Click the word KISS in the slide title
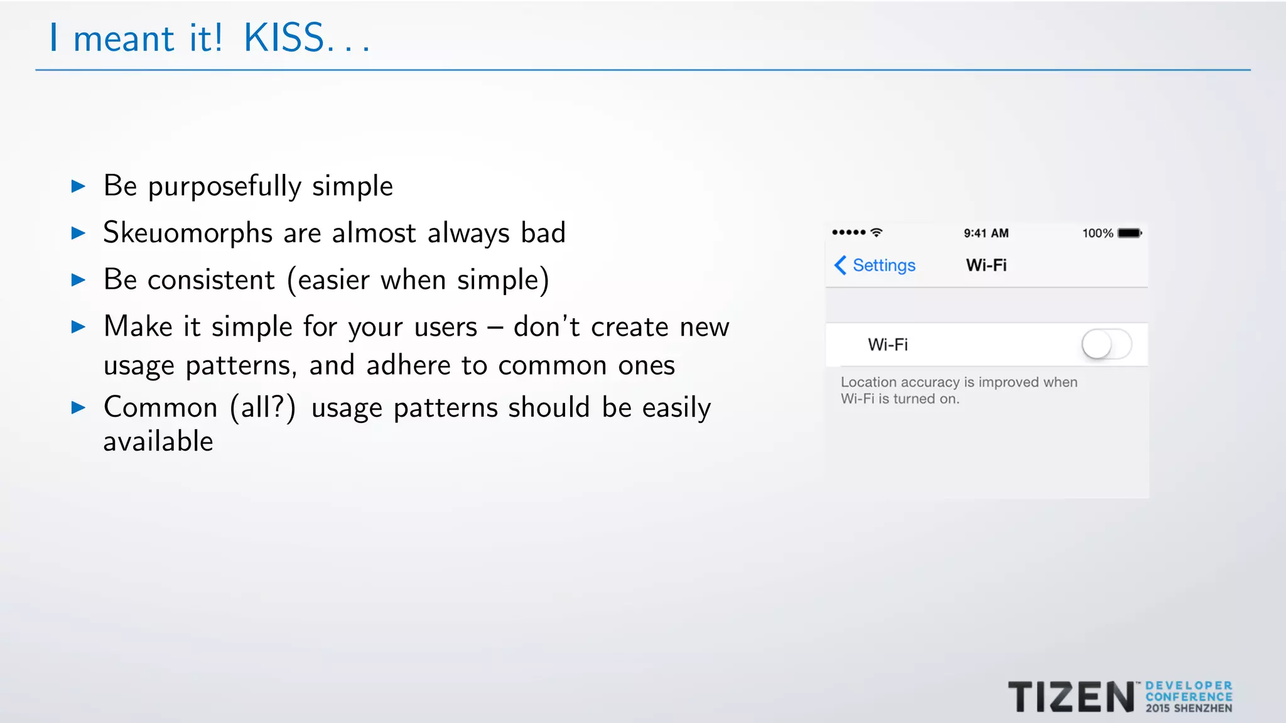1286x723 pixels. [284, 38]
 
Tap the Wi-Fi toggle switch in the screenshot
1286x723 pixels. [1106, 345]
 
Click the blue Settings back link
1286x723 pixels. [883, 265]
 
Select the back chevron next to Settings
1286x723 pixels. [840, 265]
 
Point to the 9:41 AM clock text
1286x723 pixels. [986, 233]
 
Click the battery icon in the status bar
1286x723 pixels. [1129, 233]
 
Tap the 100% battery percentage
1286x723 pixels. [1097, 233]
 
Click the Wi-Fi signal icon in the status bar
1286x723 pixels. [877, 232]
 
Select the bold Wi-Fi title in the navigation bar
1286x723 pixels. [986, 265]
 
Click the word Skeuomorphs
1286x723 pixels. [188, 233]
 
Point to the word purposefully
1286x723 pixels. [225, 187]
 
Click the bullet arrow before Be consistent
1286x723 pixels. [78, 280]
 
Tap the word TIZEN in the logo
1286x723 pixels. [1071, 697]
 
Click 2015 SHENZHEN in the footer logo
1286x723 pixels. [1189, 709]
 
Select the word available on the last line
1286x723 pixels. [158, 441]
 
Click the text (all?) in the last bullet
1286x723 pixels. [262, 408]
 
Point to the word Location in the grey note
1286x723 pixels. [868, 382]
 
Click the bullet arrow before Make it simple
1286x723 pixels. [78, 326]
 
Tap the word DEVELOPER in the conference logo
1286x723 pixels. [1189, 686]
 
